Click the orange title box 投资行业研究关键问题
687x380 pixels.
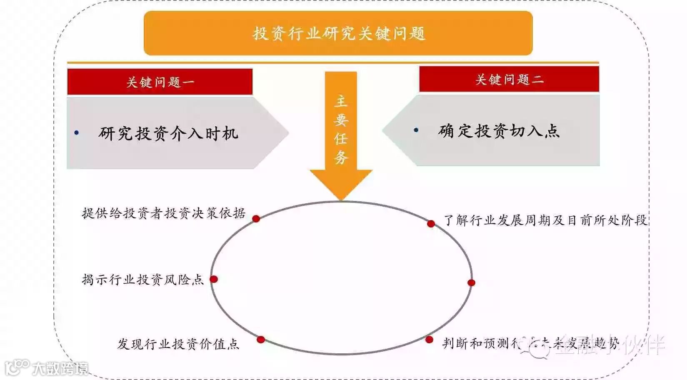point(338,33)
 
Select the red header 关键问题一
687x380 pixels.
point(160,82)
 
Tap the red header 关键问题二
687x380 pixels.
point(509,79)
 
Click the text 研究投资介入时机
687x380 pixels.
point(168,133)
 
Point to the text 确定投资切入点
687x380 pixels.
point(499,131)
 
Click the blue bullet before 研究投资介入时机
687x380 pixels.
point(77,133)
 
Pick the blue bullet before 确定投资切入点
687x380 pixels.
point(416,130)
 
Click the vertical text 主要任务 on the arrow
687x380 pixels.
point(341,129)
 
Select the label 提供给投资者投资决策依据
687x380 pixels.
point(164,213)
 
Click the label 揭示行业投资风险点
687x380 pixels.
point(143,279)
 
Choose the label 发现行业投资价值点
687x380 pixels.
point(178,344)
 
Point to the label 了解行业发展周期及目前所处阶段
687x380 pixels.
point(545,220)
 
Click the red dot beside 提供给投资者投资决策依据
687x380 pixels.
point(256,219)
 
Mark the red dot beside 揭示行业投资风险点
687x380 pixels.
point(214,279)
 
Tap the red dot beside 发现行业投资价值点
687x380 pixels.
point(261,340)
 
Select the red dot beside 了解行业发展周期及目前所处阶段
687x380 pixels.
point(431,224)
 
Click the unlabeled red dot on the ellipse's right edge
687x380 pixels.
point(471,283)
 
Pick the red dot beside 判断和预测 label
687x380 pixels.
point(429,340)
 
